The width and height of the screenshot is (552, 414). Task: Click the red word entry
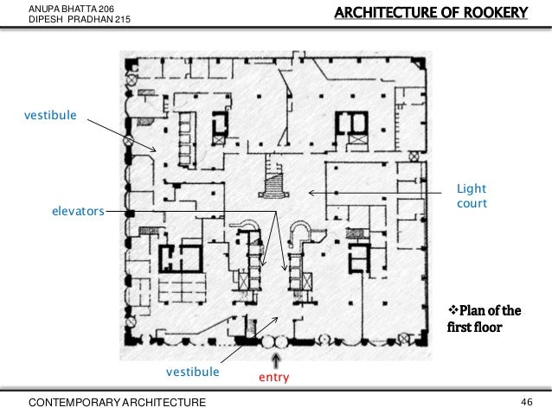[x=274, y=377]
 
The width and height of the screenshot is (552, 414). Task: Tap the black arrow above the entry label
[x=276, y=361]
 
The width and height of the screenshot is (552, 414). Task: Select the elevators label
[x=78, y=211]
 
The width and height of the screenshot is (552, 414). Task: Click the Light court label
[x=472, y=196]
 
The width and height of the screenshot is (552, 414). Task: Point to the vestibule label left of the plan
[x=50, y=115]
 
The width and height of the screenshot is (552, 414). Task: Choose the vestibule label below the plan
[x=193, y=372]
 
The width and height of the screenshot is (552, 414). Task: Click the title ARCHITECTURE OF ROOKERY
[x=431, y=13]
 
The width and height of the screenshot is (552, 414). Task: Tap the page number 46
[x=527, y=402]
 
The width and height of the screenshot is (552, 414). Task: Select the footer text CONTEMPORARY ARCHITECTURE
[x=117, y=403]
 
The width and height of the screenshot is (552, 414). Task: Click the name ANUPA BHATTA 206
[x=72, y=9]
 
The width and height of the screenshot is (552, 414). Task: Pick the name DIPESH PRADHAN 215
[x=80, y=19]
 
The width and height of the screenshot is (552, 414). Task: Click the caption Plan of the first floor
[x=484, y=319]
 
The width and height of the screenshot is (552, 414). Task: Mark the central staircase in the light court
[x=274, y=177]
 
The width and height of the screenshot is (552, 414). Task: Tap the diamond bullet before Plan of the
[x=453, y=310]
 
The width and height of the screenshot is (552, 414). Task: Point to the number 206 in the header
[x=106, y=9]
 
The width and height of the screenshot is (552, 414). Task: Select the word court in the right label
[x=472, y=203]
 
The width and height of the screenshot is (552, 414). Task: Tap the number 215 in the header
[x=123, y=19]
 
